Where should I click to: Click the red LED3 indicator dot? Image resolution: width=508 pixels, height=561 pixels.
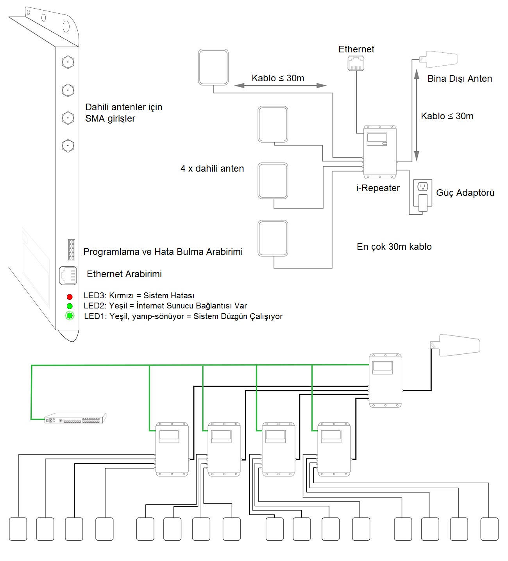pyautogui.click(x=70, y=297)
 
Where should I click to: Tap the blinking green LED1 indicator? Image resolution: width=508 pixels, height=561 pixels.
pyautogui.click(x=70, y=315)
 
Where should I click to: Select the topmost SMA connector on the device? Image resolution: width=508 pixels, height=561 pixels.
pyautogui.click(x=68, y=62)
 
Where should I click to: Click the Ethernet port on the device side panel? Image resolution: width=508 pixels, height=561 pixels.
pyautogui.click(x=68, y=275)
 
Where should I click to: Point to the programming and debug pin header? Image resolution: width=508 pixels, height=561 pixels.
pyautogui.click(x=72, y=250)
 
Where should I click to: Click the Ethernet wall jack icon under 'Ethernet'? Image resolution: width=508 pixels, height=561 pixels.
pyautogui.click(x=356, y=63)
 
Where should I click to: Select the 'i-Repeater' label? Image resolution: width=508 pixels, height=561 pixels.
pyautogui.click(x=378, y=188)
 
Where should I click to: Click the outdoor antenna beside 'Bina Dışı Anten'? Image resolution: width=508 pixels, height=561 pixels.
pyautogui.click(x=438, y=59)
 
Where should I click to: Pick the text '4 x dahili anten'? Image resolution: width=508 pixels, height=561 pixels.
pyautogui.click(x=212, y=168)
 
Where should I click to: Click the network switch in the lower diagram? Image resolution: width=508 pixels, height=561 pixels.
pyautogui.click(x=75, y=418)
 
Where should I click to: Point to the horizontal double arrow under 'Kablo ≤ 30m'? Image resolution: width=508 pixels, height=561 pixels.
pyautogui.click(x=280, y=86)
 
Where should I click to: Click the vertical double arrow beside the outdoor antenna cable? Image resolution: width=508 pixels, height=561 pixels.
pyautogui.click(x=417, y=115)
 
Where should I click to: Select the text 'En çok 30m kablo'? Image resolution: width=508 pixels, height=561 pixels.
pyautogui.click(x=394, y=247)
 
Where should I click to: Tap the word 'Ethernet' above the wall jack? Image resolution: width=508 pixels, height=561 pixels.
pyautogui.click(x=356, y=49)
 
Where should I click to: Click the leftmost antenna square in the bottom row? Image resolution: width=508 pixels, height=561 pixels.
pyautogui.click(x=18, y=529)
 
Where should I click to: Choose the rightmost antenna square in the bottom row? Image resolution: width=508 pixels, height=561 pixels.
pyautogui.click(x=489, y=529)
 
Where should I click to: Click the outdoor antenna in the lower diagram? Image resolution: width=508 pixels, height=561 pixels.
pyautogui.click(x=455, y=345)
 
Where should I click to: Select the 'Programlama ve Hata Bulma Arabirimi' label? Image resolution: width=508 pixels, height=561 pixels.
pyautogui.click(x=163, y=252)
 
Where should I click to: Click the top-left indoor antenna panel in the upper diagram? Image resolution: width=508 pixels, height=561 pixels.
pyautogui.click(x=213, y=67)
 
